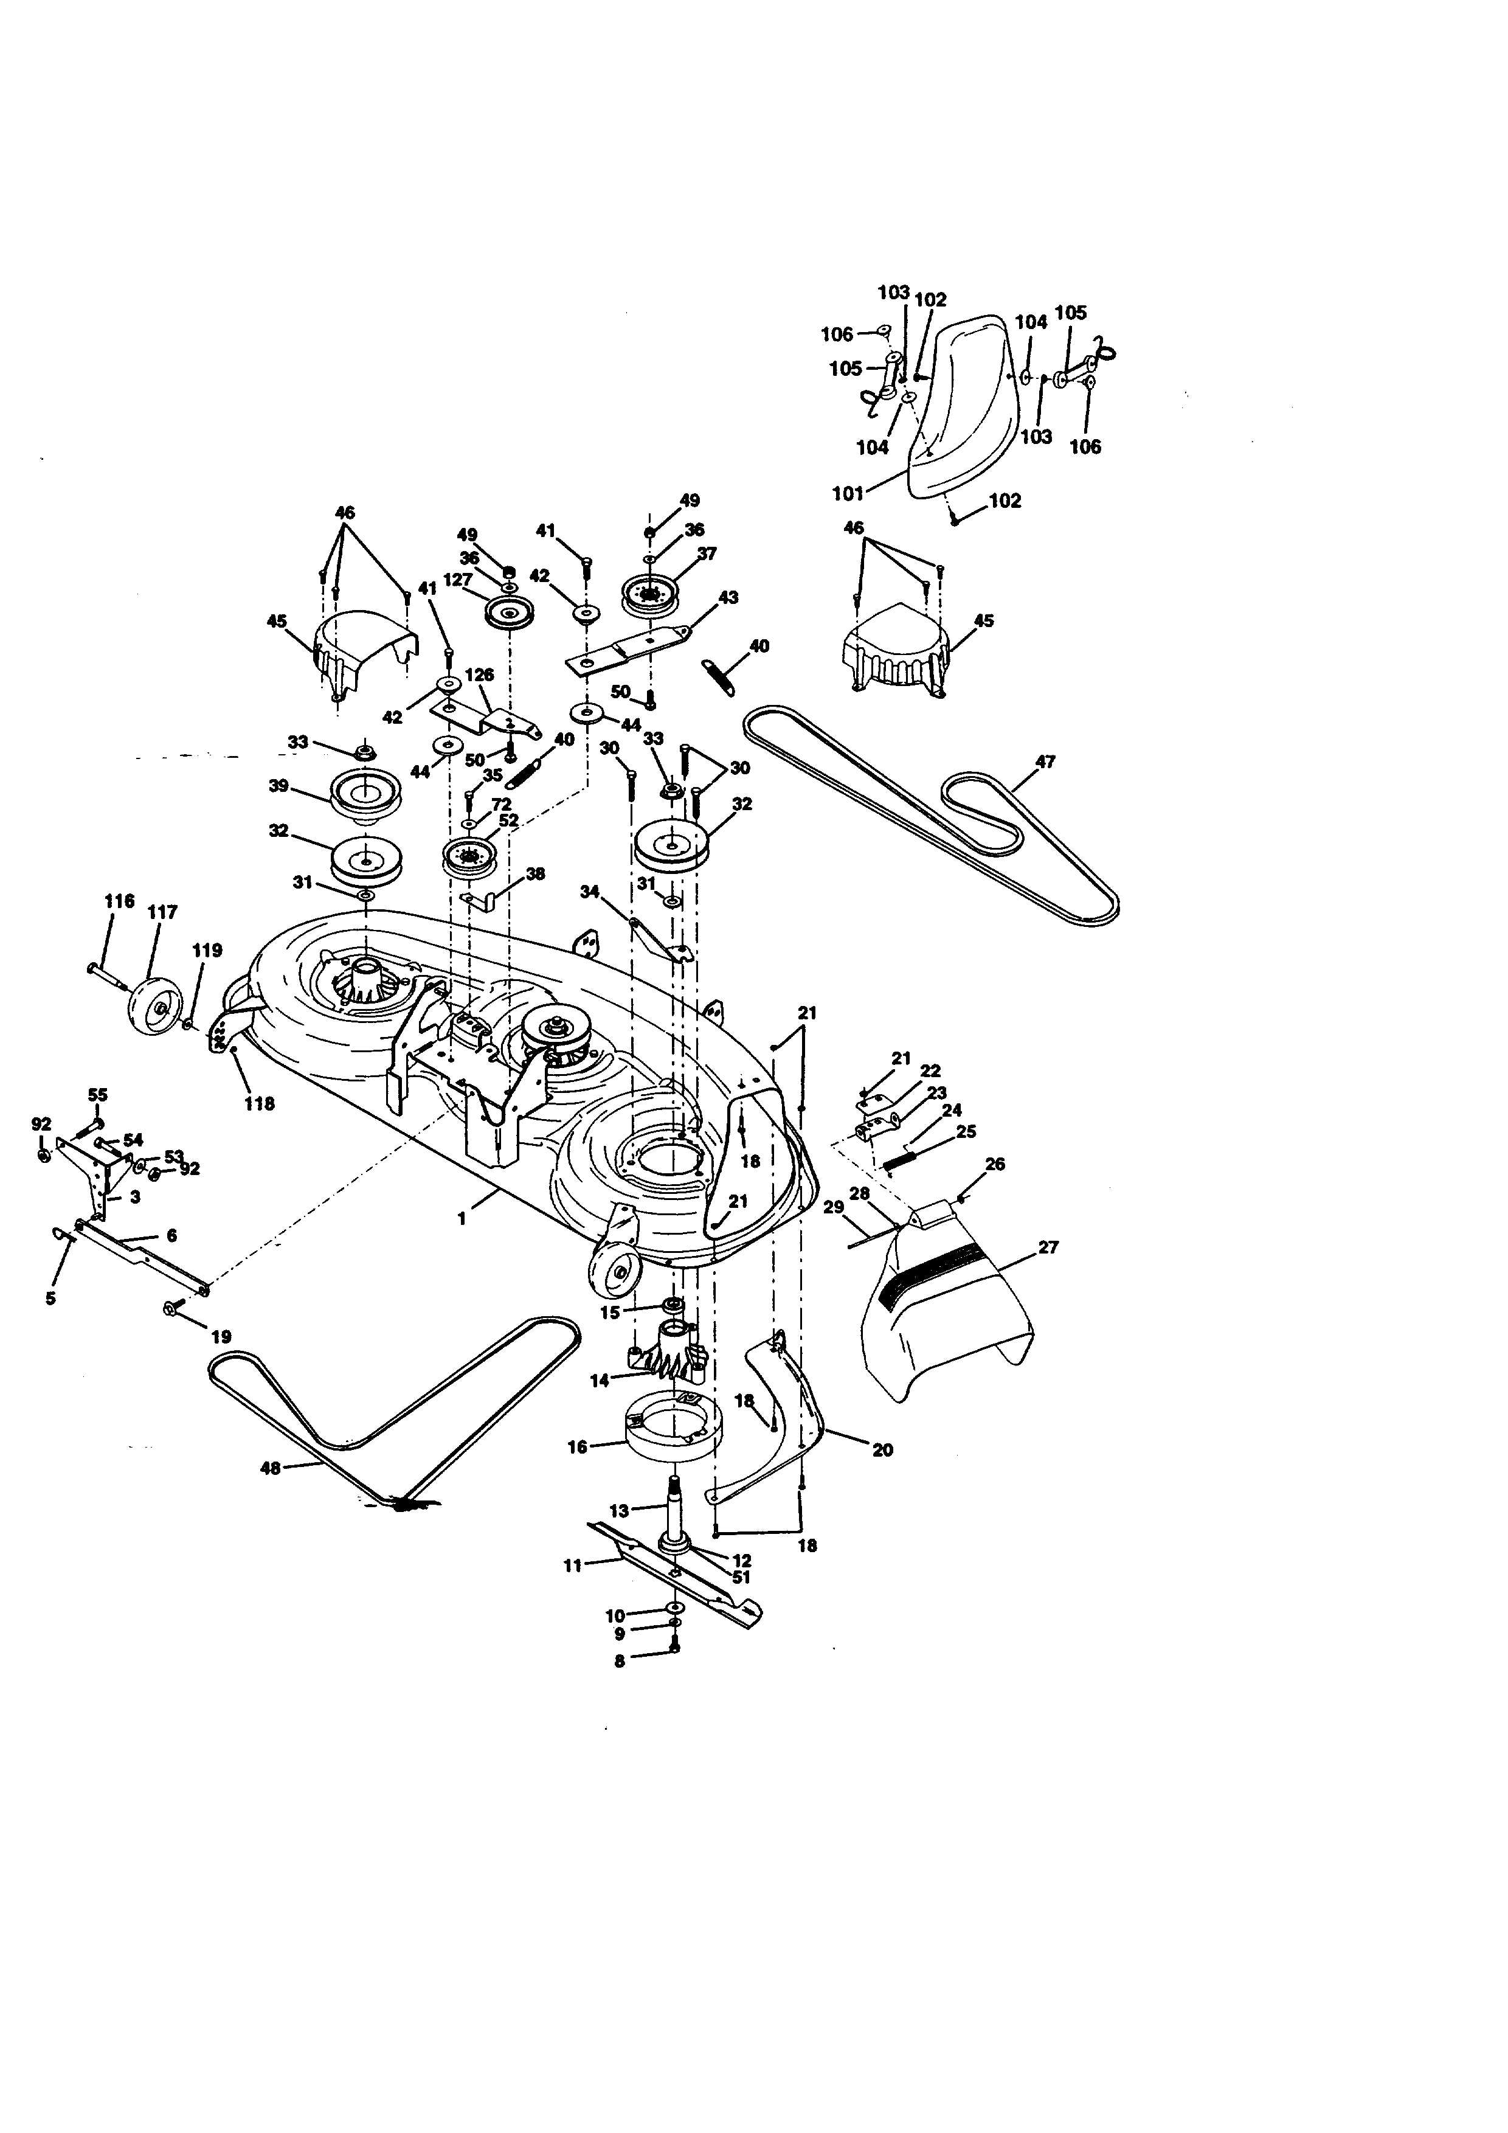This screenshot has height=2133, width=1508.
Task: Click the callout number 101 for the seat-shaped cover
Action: point(848,493)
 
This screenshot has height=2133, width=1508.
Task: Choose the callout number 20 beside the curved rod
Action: point(882,1449)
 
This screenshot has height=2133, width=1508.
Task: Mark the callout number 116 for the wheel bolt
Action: point(119,901)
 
